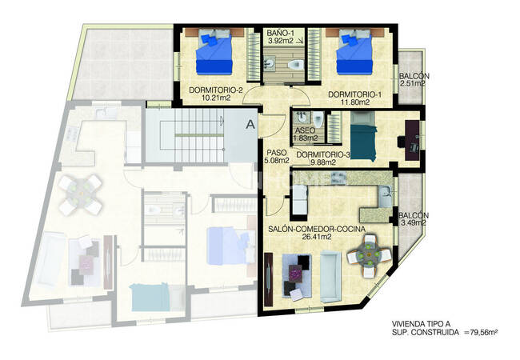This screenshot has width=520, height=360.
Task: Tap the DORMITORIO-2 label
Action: coord(216,90)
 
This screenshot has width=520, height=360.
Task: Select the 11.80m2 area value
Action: coord(355,102)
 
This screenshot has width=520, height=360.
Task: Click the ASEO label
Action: coord(305,130)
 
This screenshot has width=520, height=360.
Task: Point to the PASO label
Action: coord(277,153)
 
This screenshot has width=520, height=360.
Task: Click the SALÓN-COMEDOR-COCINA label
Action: coord(317,229)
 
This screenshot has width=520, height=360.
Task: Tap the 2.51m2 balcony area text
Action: coord(413,83)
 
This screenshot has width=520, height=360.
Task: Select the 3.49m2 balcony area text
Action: coord(414,223)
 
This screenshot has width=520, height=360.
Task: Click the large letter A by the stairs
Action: coord(250,125)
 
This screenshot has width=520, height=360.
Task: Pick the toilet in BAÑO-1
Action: coord(296,64)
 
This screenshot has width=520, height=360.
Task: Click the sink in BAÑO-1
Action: coord(270,64)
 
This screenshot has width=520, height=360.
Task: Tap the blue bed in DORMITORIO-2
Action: coord(214,51)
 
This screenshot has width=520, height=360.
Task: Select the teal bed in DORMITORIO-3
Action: coord(363,137)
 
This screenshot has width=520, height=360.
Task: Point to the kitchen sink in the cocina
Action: coord(386,196)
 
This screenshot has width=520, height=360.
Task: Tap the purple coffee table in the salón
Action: coord(295,273)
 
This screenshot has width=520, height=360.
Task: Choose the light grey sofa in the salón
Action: coord(330,277)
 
